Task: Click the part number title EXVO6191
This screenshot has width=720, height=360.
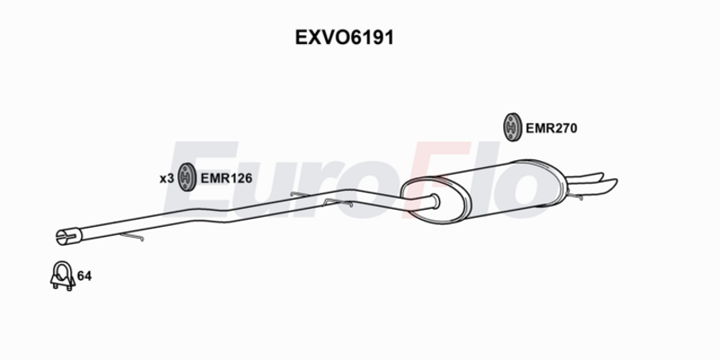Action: point(345,38)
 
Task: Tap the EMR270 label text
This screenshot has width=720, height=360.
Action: point(551,128)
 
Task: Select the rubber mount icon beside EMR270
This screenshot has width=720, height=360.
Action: point(512,127)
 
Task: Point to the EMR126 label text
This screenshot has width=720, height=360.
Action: point(227,178)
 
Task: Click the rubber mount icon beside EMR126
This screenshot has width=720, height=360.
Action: point(187,176)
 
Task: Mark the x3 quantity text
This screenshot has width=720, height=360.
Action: point(166,178)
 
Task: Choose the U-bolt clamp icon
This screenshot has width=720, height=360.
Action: point(62,276)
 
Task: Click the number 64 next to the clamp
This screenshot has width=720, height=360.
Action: point(85,276)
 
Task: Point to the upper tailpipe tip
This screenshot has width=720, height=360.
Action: point(587,176)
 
